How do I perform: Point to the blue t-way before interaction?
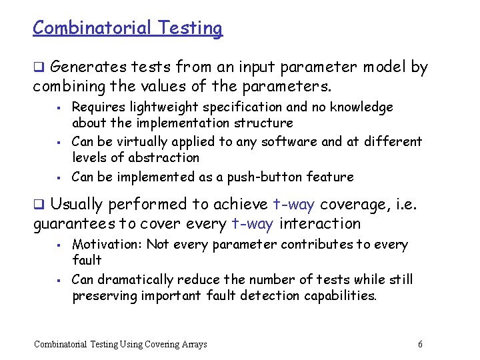[252, 224]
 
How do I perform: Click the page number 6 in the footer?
[420, 344]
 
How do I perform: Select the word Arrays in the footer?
[194, 344]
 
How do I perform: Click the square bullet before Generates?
[39, 67]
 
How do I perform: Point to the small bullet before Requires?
[59, 107]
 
